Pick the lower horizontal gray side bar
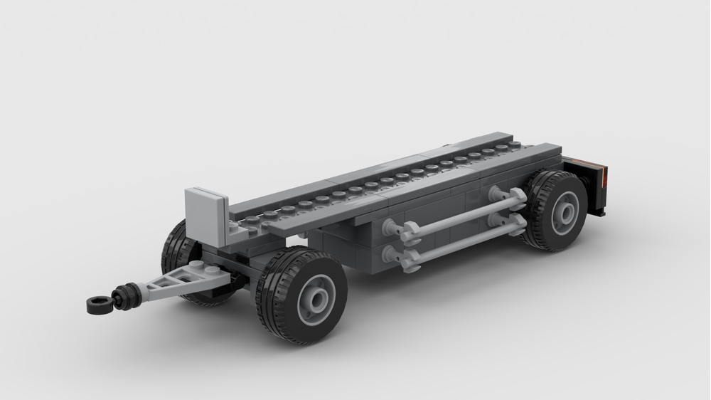(462, 238)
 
